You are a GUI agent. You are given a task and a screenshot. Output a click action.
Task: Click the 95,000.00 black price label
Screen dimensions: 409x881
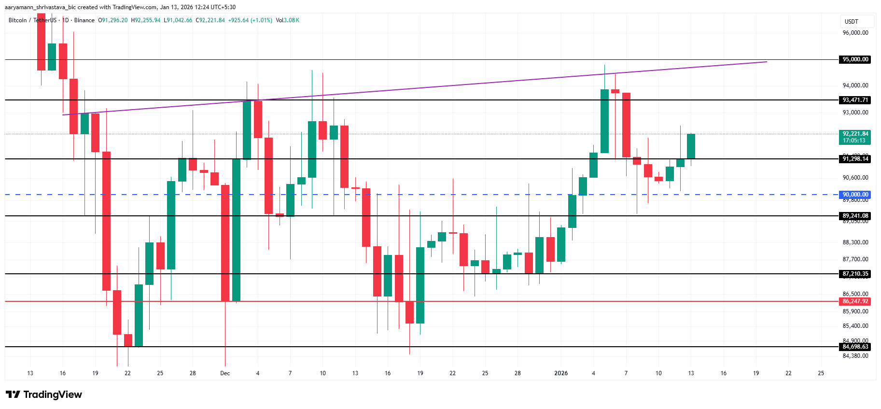coord(855,59)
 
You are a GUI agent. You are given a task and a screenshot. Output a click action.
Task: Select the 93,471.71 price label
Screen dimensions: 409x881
coord(855,100)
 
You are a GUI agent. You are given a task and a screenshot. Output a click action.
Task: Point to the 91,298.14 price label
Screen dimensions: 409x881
coord(855,159)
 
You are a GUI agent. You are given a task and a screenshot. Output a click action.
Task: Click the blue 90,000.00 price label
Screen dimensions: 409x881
coord(855,195)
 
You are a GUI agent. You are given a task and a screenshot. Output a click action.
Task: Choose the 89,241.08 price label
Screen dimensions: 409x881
coord(855,216)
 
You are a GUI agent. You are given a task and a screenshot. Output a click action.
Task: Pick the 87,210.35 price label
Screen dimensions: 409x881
coord(855,274)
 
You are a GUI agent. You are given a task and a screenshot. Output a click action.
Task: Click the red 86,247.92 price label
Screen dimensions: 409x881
coord(855,301)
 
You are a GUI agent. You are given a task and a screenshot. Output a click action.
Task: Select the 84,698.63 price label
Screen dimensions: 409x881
coord(855,347)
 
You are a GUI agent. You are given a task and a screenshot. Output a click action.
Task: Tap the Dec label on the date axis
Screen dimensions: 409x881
coord(225,373)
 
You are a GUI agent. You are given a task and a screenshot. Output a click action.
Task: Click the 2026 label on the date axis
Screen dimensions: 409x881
coord(561,373)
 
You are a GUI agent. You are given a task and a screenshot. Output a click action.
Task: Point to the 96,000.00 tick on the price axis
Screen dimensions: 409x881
coord(855,33)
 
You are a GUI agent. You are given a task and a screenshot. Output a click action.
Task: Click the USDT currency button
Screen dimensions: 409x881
coord(852,22)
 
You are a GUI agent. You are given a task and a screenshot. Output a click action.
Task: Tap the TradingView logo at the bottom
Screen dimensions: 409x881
coord(44,395)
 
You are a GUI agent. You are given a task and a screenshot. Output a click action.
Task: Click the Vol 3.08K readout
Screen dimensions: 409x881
coord(288,20)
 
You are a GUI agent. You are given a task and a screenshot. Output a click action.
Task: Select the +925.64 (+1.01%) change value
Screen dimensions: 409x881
coord(250,20)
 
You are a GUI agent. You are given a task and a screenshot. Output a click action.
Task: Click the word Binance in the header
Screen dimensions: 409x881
coord(84,20)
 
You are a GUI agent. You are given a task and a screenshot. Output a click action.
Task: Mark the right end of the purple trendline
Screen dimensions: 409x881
coord(767,62)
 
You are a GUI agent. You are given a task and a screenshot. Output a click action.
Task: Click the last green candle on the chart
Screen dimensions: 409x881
coord(691,146)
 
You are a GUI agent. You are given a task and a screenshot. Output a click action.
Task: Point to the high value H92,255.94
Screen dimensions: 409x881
coord(146,20)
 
